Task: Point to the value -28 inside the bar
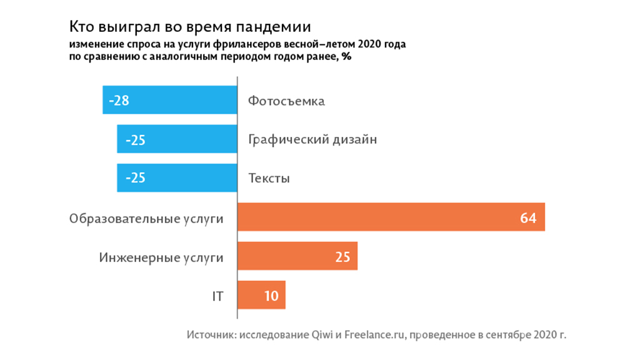tap(119, 100)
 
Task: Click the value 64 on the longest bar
tap(528, 217)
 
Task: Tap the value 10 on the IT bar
tap(271, 295)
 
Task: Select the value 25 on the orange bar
tap(342, 256)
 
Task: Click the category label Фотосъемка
tap(286, 101)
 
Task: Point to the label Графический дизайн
tap(312, 139)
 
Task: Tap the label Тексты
tap(269, 178)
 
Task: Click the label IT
tap(217, 296)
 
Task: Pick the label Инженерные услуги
tap(161, 257)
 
